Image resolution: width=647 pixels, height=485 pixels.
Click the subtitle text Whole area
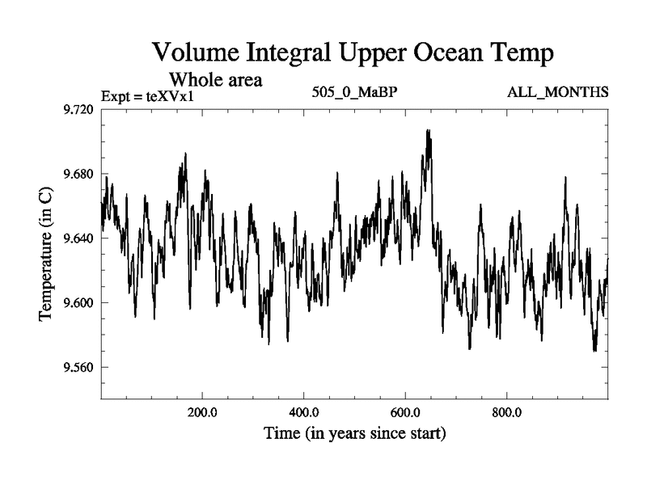pos(215,81)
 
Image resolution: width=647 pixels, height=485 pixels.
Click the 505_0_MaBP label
pos(354,92)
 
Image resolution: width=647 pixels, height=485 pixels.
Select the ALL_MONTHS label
pos(557,92)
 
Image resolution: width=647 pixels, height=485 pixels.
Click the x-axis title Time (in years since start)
pos(354,434)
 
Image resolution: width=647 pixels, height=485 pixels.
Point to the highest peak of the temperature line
pos(428,130)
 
